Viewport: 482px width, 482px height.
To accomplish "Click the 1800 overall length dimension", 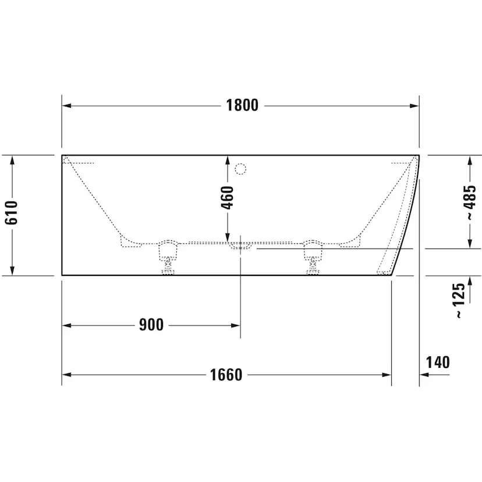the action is tap(242, 105).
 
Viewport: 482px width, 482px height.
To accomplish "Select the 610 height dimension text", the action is tap(12, 212).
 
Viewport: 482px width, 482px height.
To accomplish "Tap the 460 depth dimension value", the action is tap(228, 197).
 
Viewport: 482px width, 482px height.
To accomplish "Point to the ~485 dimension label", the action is tap(470, 203).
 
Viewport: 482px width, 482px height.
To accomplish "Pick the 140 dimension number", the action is tap(438, 362).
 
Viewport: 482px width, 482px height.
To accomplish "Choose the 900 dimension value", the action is tap(151, 325).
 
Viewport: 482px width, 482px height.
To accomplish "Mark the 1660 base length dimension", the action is tap(226, 375).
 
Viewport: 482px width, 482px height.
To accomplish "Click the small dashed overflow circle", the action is tap(240, 169).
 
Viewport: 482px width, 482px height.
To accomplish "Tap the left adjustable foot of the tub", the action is tap(168, 257).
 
